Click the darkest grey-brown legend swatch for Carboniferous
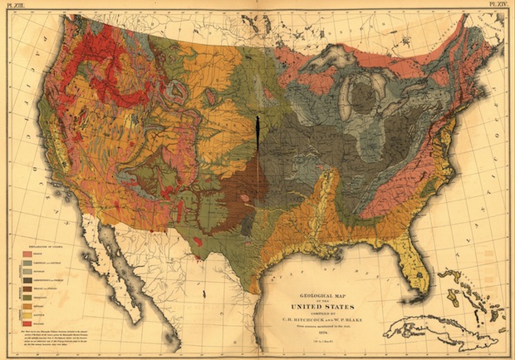pos(27,280)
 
